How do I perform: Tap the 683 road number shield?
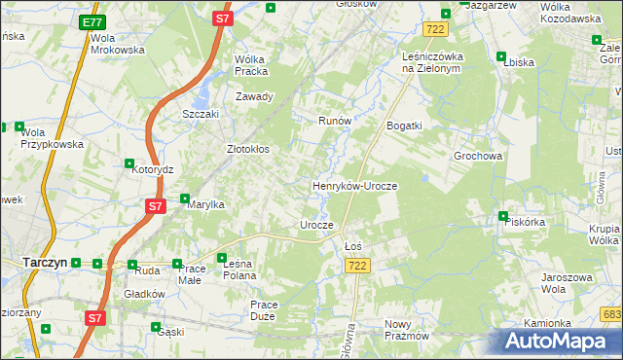coord(611,313)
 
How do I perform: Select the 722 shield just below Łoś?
coord(358,266)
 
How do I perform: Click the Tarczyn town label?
coord(44,262)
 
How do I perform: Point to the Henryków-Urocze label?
coord(354,185)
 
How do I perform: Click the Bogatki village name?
coord(404,126)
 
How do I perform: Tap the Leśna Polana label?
coord(238,269)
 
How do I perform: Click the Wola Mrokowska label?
coord(117,44)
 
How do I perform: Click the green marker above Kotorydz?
coord(129,163)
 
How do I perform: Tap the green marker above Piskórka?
coord(503,216)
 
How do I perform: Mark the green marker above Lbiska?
coord(500,55)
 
